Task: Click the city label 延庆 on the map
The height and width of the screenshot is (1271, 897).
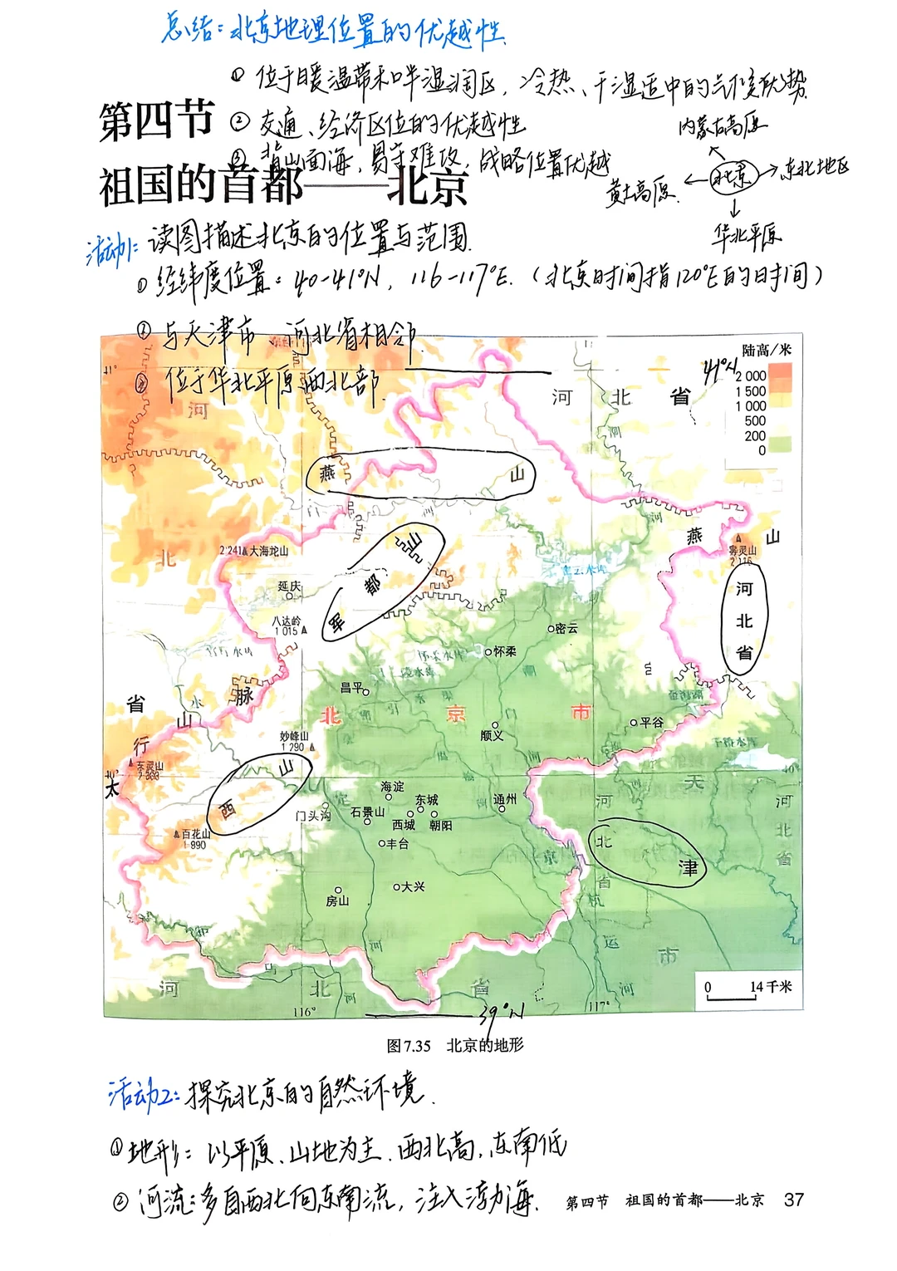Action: [289, 586]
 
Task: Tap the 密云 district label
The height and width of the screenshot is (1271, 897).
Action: [566, 629]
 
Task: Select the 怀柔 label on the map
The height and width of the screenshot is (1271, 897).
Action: [505, 651]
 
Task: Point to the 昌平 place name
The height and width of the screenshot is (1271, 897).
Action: [352, 688]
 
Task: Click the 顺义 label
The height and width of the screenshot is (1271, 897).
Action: [493, 735]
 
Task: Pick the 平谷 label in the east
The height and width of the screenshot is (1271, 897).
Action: [651, 723]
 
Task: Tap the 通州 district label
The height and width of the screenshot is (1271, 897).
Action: [505, 799]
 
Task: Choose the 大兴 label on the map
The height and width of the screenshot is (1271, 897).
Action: [413, 886]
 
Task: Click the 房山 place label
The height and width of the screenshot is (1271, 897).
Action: [337, 900]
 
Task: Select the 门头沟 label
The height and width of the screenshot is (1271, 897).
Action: [313, 816]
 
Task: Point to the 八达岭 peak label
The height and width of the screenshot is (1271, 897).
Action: [287, 621]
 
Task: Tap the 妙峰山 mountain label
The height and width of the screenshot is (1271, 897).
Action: [294, 737]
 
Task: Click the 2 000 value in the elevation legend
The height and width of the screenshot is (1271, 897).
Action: [751, 376]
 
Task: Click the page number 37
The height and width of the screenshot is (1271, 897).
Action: [794, 1200]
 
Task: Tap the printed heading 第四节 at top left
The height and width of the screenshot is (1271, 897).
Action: [156, 121]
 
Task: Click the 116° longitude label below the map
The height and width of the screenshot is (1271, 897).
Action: [305, 1012]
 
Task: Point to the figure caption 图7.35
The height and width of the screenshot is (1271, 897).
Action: [409, 1046]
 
